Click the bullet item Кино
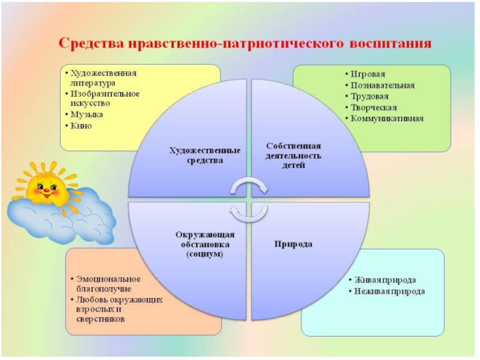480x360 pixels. coord(82,126)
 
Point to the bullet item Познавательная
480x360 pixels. coord(383,85)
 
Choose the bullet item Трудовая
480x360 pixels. coord(370,96)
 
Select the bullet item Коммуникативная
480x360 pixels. coord(388,118)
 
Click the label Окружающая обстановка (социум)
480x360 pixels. coord(205,244)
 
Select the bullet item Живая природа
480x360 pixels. coord(385,280)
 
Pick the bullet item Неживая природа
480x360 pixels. coord(389,292)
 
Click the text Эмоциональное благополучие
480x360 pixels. coord(108,284)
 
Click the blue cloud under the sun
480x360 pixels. coord(60,219)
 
